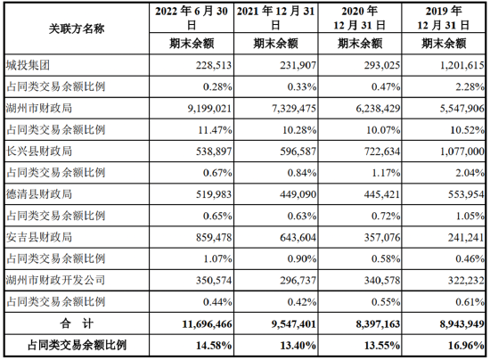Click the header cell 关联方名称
(x=77, y=29)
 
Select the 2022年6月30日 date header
(x=192, y=18)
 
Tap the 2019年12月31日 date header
(x=444, y=18)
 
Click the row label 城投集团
(x=28, y=65)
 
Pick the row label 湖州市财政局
(x=39, y=108)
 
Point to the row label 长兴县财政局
(x=39, y=151)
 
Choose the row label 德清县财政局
(x=39, y=194)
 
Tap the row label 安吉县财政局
(x=39, y=237)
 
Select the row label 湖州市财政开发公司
(x=55, y=280)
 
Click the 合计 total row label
(x=77, y=323)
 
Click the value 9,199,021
(x=209, y=109)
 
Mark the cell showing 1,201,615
(x=462, y=65)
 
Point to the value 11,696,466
(x=208, y=324)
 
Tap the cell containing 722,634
(x=382, y=151)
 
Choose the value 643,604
(x=298, y=238)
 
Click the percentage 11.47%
(x=215, y=130)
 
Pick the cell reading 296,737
(x=298, y=281)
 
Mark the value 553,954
(x=466, y=194)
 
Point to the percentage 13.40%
(x=298, y=346)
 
